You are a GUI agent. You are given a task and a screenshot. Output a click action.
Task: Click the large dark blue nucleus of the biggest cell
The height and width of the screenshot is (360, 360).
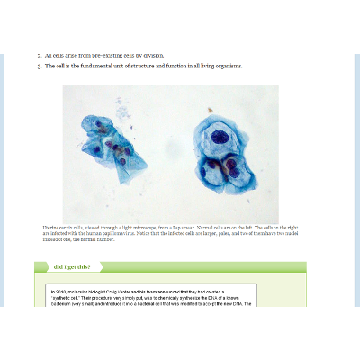pos(220,138)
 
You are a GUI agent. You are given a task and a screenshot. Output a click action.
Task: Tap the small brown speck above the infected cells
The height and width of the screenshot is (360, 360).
pos(210,111)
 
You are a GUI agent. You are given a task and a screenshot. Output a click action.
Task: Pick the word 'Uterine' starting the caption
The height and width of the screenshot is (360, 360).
pos(51,229)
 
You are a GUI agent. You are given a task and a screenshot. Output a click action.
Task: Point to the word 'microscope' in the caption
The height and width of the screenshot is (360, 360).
pos(148,229)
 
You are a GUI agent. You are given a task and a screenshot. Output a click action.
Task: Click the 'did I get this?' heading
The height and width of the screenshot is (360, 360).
pos(71,267)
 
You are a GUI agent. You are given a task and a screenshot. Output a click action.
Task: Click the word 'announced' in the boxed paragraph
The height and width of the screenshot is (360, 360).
pos(189,292)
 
